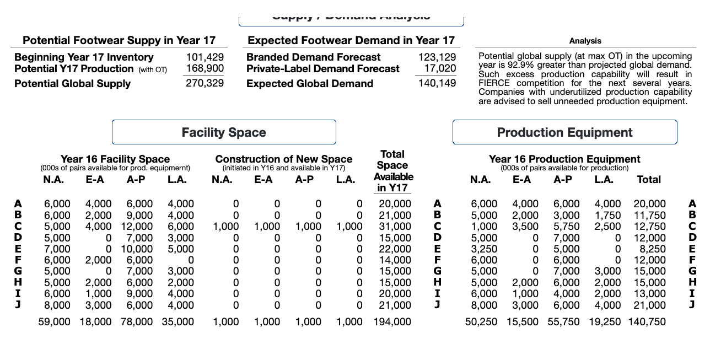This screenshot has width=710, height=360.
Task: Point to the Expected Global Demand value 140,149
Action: tap(437, 84)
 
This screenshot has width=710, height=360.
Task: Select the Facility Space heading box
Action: tap(224, 132)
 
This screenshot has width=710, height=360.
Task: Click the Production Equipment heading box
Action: tap(564, 132)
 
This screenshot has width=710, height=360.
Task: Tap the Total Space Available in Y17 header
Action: tap(393, 171)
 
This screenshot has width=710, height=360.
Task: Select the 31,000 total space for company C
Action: tap(395, 227)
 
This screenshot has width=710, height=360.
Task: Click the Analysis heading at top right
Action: tap(585, 41)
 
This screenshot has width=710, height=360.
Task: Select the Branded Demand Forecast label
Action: tap(313, 57)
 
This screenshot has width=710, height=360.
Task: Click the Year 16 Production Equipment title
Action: tap(564, 159)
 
